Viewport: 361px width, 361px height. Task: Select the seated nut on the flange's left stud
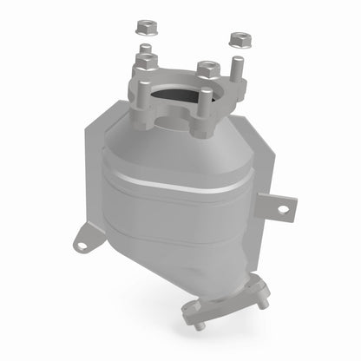point(145,63)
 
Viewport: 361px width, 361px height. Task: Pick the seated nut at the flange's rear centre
point(206,68)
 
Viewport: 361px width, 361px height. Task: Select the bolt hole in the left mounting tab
point(82,245)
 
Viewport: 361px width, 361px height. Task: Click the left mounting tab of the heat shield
point(85,240)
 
